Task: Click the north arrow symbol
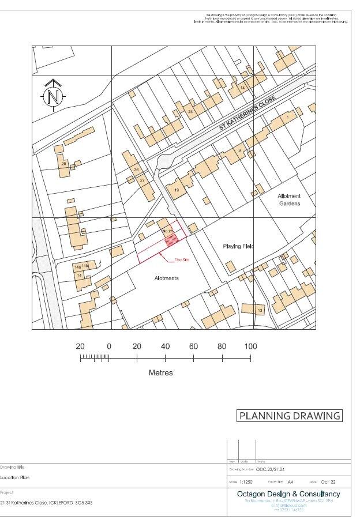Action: (x=53, y=95)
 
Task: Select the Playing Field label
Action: (x=238, y=246)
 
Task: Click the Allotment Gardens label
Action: (x=290, y=199)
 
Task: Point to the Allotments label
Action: (x=167, y=278)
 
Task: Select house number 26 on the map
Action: (x=64, y=164)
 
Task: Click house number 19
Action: (x=177, y=190)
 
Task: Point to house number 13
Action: (x=260, y=311)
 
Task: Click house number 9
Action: (x=239, y=150)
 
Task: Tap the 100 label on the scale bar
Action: (x=250, y=346)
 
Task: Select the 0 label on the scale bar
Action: (x=109, y=346)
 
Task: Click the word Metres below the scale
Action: (x=161, y=372)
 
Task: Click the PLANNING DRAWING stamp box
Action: (x=290, y=416)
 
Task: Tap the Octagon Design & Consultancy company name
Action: (x=288, y=494)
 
